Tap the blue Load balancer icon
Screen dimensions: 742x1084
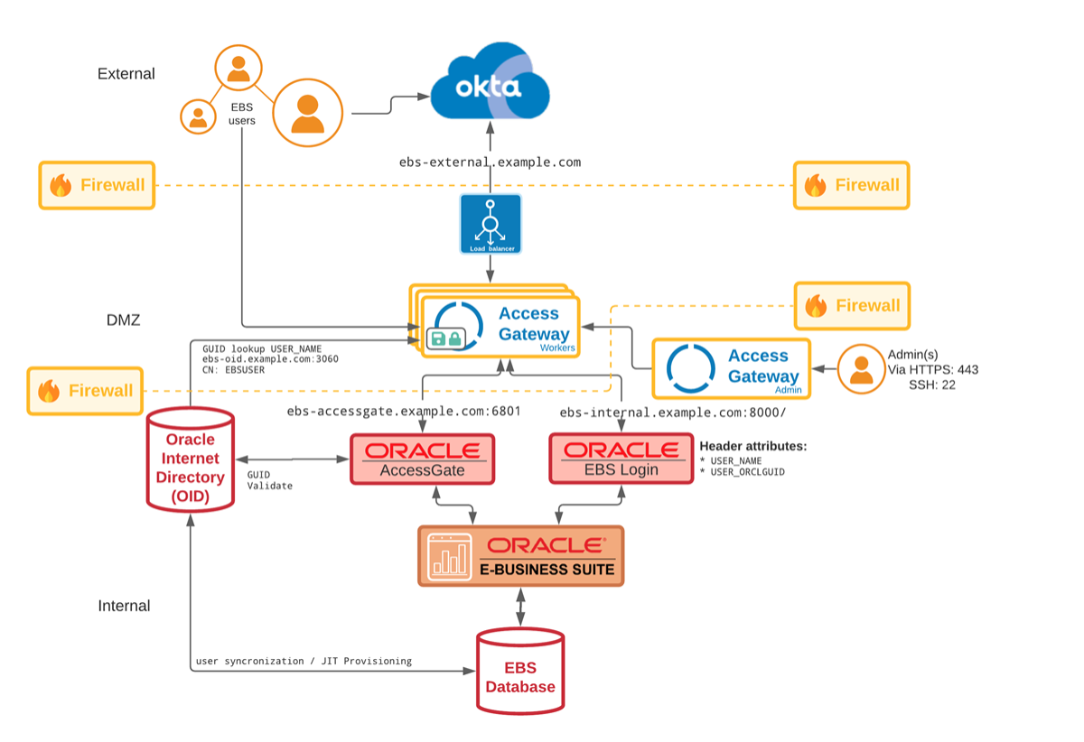click(491, 224)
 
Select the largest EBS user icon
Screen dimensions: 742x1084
click(308, 112)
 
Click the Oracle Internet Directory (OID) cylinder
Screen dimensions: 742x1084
click(190, 460)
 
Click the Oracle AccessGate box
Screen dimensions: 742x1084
click(422, 459)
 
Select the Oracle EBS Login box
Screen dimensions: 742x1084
click(621, 459)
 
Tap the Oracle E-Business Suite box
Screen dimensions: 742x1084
click(521, 556)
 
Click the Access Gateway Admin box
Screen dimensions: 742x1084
click(731, 368)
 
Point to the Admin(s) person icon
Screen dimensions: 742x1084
click(861, 369)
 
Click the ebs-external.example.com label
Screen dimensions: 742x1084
click(490, 162)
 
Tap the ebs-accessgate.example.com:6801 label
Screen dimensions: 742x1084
click(404, 412)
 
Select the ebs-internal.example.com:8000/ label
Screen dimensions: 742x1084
click(673, 412)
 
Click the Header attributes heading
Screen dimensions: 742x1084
click(752, 446)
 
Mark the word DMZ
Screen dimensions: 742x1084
click(123, 320)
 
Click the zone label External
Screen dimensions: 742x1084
click(126, 74)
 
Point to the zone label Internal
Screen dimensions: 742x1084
click(124, 606)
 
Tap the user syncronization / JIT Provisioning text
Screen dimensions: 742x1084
click(304, 661)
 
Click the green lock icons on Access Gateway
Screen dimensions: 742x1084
click(446, 339)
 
